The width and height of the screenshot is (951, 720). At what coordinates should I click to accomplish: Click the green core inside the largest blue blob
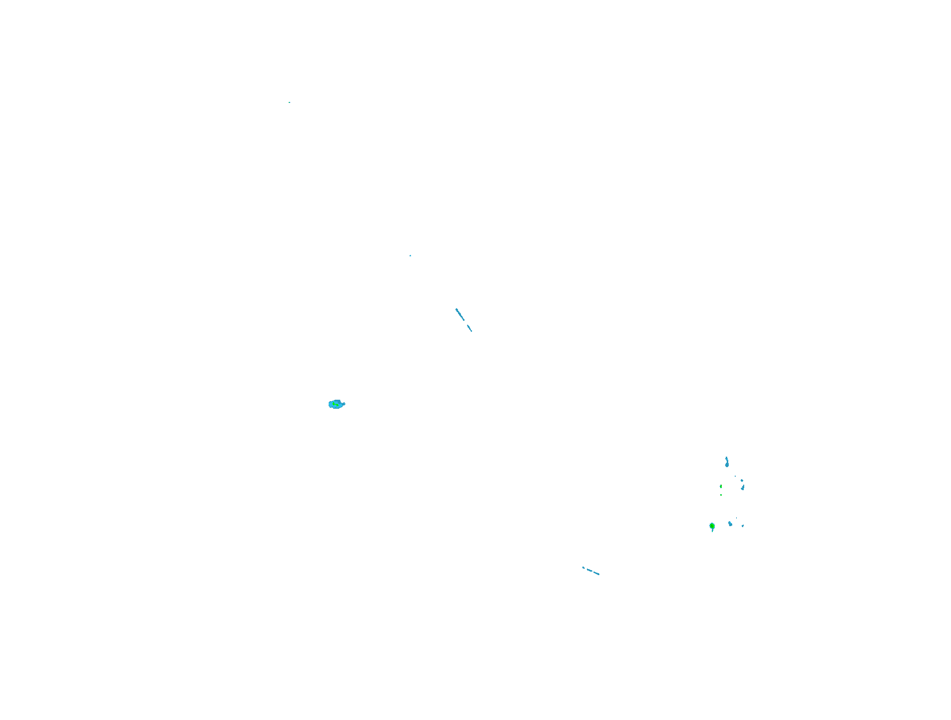click(336, 404)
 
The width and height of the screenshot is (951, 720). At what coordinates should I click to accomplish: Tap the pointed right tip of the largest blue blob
click(345, 403)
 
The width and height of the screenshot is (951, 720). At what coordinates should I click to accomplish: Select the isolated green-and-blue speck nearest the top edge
click(289, 102)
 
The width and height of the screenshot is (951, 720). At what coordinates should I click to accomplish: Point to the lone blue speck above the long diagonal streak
click(411, 256)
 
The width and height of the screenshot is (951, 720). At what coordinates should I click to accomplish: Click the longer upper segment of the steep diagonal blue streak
click(460, 315)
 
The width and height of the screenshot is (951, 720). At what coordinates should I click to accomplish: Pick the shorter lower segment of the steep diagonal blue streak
click(470, 328)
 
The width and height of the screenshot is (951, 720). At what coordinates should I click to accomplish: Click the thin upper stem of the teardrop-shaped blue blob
click(726, 459)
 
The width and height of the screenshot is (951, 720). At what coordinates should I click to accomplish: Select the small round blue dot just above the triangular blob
click(742, 481)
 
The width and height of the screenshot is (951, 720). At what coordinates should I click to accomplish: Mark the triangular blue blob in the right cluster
click(743, 487)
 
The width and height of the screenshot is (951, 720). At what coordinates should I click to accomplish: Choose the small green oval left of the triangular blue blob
click(721, 486)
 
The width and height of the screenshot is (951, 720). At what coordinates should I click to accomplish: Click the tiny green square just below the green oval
click(721, 495)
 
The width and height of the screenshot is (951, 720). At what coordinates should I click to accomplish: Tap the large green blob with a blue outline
click(712, 526)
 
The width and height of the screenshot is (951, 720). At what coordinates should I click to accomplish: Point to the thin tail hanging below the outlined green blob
click(712, 531)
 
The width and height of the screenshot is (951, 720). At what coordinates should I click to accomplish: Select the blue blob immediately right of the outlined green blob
click(730, 524)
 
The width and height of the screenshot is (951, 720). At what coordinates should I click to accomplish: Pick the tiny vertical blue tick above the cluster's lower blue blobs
click(736, 518)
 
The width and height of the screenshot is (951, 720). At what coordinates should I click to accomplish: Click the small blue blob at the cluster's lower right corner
click(743, 526)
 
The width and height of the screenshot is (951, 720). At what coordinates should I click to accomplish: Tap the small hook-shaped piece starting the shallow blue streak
click(583, 567)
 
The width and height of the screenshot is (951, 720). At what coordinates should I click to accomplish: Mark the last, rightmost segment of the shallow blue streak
click(596, 573)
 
